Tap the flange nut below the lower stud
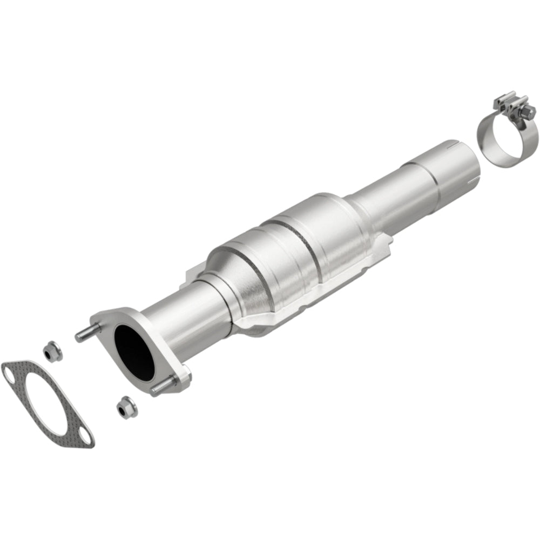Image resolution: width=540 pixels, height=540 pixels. (125, 406)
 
